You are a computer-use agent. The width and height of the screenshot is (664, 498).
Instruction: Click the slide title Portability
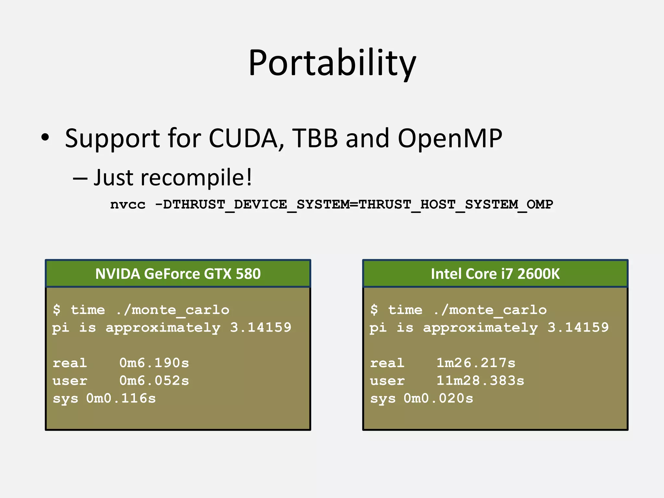(332, 63)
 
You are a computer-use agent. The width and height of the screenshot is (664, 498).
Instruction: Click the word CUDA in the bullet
(243, 138)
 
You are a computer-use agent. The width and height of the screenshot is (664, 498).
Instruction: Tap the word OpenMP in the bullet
(450, 138)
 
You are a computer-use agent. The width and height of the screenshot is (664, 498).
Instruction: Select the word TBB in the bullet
(315, 138)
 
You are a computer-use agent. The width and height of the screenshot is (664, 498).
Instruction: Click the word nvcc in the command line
(128, 205)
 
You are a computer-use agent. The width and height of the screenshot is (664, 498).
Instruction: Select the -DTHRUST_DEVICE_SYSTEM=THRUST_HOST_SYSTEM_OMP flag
(354, 205)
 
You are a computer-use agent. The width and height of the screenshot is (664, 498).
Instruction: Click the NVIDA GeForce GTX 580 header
(178, 274)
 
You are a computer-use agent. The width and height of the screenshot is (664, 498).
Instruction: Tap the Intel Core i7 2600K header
(495, 274)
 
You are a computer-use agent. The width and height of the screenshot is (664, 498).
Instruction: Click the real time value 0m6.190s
(154, 363)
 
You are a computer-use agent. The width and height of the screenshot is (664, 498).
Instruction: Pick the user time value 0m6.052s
(154, 381)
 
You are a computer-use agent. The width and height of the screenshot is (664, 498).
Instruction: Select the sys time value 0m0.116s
(121, 398)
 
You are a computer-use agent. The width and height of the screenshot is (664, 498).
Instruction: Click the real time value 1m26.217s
(476, 363)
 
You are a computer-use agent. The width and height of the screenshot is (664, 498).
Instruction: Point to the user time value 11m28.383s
(480, 381)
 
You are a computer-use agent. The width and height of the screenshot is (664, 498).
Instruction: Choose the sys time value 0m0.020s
(438, 398)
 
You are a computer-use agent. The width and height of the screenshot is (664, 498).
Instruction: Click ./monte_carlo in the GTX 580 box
(173, 310)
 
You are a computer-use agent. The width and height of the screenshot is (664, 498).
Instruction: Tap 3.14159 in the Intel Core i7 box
(578, 327)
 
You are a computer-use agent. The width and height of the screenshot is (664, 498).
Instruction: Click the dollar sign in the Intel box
(374, 310)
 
